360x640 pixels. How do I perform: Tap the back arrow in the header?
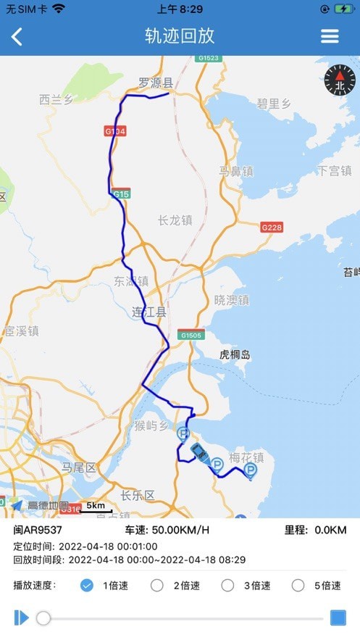click(17, 36)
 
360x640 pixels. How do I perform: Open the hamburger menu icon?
click(330, 36)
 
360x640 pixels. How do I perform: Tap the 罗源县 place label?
click(155, 83)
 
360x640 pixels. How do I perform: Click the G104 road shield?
click(115, 131)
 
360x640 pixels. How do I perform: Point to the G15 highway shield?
click(121, 194)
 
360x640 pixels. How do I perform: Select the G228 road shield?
click(272, 227)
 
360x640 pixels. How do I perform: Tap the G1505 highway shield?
click(191, 335)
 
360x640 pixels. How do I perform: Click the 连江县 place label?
click(149, 312)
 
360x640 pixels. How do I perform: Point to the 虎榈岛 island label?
click(235, 354)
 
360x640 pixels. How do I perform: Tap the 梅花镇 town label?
click(246, 457)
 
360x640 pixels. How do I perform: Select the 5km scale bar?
click(95, 507)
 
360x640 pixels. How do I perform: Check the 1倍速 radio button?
click(87, 586)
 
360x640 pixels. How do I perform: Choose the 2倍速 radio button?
click(156, 586)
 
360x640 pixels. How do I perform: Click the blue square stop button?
click(338, 618)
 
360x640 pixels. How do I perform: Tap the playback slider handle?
click(43, 618)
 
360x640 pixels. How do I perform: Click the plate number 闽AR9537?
click(38, 530)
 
